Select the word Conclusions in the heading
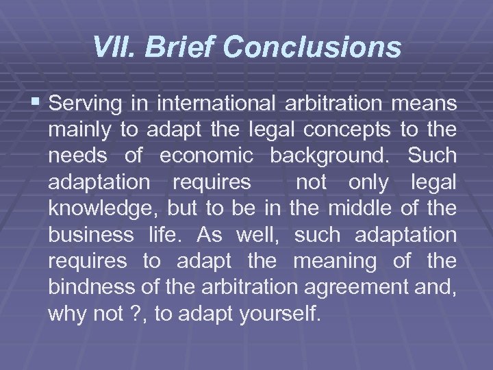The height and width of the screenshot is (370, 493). (312, 48)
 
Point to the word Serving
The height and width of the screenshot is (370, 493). (87, 104)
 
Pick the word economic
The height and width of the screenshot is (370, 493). (206, 156)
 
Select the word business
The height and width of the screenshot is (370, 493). (92, 235)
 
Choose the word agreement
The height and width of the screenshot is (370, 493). (355, 288)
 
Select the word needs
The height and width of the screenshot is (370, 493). (77, 156)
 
